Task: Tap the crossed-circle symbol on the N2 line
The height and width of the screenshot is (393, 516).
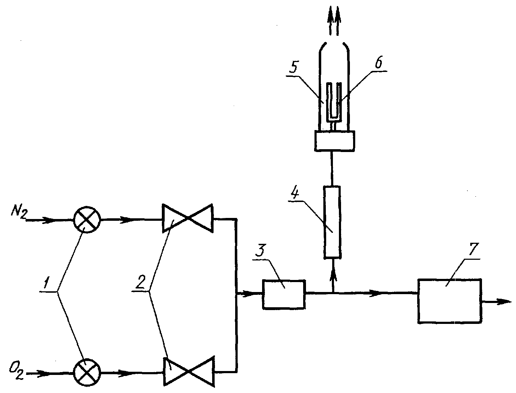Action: point(87,220)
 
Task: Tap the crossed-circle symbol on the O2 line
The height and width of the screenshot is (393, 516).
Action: point(87,372)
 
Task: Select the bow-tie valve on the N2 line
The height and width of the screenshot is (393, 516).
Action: point(188,218)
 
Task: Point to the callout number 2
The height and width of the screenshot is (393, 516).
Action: point(140,282)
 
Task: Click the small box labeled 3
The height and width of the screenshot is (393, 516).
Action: point(284,294)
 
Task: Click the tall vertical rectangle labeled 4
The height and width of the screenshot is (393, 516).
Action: point(332,222)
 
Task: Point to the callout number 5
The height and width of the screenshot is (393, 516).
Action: point(293,67)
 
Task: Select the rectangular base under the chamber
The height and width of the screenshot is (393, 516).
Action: point(335,141)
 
